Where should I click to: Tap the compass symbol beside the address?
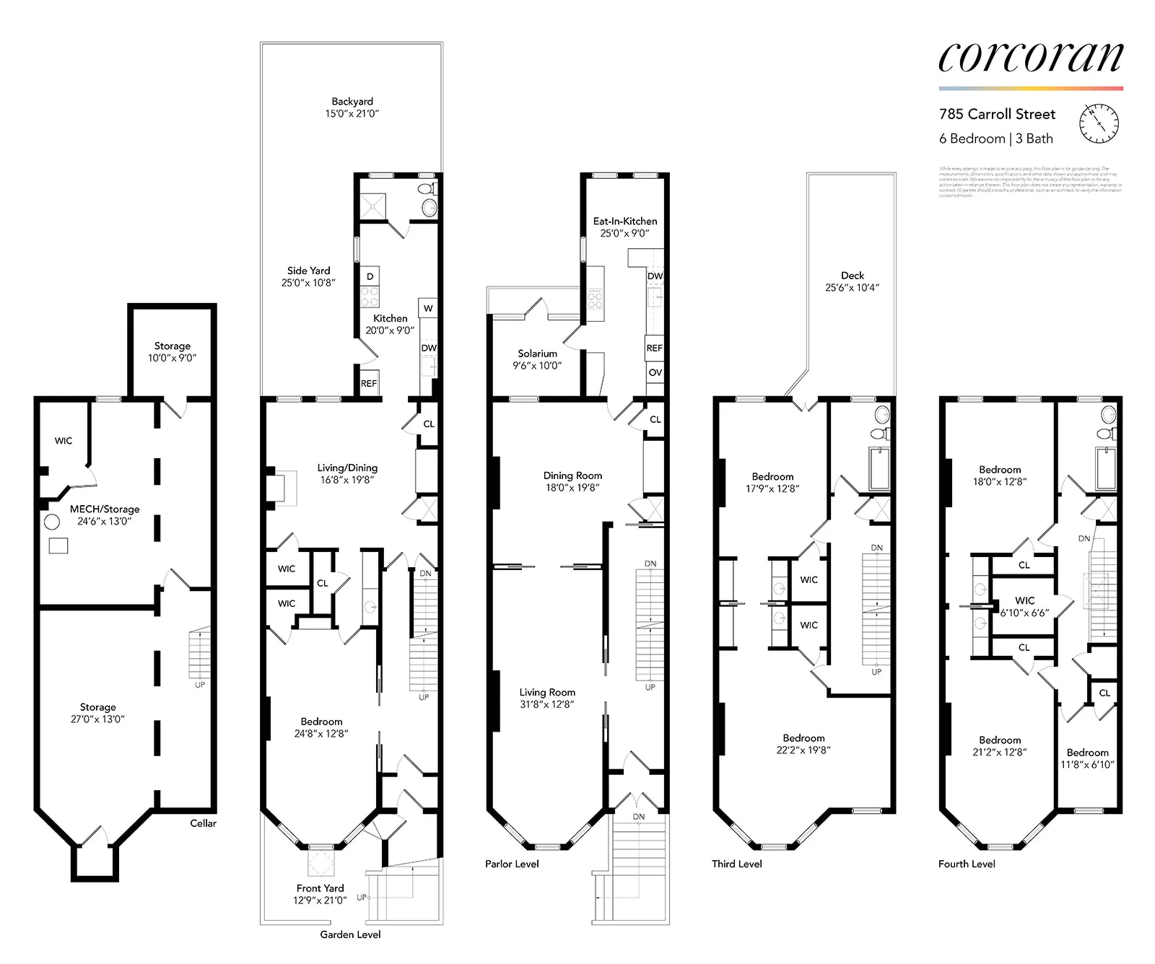pos(1099,123)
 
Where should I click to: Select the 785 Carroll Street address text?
pos(997,114)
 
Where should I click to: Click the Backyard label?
pos(352,107)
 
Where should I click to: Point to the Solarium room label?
pos(537,359)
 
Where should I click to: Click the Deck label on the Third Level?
pos(852,281)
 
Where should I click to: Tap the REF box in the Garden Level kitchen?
pos(369,383)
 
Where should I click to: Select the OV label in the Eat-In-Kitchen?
pos(655,372)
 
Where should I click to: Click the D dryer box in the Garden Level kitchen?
pos(370,276)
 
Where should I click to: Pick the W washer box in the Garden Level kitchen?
pos(428,308)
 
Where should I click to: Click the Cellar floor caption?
pos(203,823)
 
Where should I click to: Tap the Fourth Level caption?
pos(967,863)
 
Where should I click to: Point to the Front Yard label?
pos(320,893)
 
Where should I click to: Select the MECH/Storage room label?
pos(105,514)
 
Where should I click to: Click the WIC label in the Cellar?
pos(64,440)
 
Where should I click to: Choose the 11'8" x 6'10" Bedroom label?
pos(1087,758)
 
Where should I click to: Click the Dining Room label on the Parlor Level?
pos(572,481)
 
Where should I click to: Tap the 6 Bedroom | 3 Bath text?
pos(995,139)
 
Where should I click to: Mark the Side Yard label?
pos(308,276)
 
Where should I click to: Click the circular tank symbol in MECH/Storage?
pos(51,522)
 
